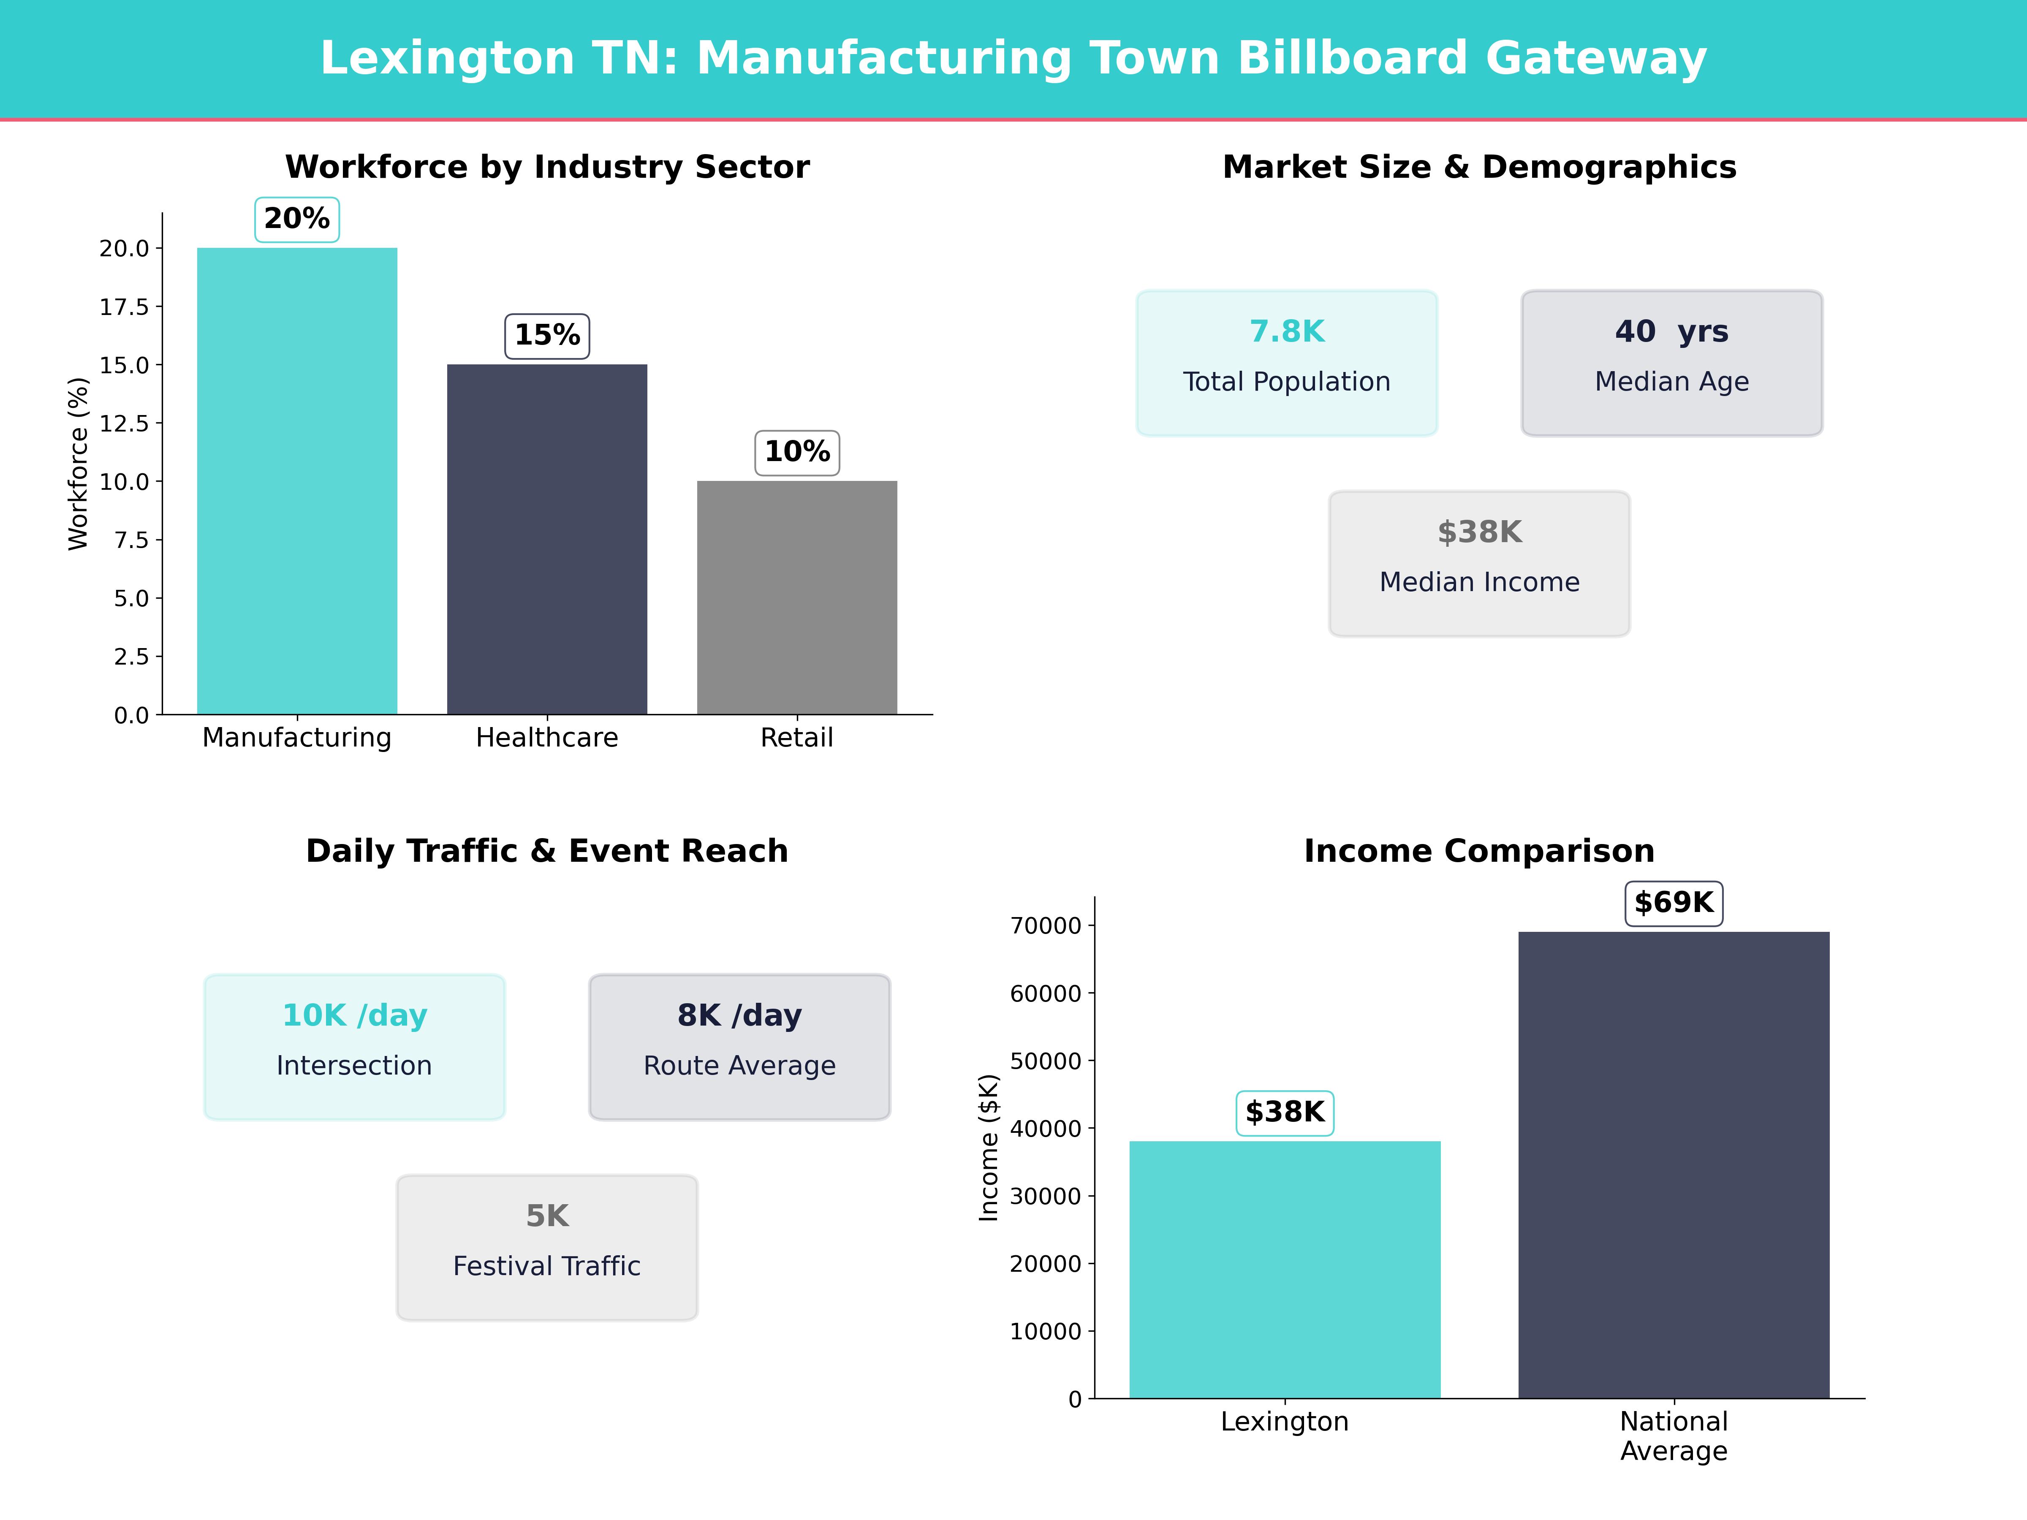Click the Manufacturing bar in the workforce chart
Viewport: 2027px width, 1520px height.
pyautogui.click(x=297, y=481)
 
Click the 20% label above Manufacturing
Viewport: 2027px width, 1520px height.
pyautogui.click(x=297, y=219)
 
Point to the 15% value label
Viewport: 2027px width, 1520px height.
pyautogui.click(x=547, y=335)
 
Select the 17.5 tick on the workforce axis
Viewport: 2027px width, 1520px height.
pyautogui.click(x=124, y=307)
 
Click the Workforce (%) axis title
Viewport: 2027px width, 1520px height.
pyautogui.click(x=79, y=464)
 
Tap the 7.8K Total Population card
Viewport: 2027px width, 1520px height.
pyautogui.click(x=1287, y=363)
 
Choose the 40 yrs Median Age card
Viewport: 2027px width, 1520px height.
pyautogui.click(x=1671, y=363)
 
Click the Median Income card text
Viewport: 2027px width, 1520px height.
pyautogui.click(x=1479, y=582)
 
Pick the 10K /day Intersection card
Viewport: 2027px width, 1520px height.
pyautogui.click(x=355, y=1046)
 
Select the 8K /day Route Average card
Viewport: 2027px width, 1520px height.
pyautogui.click(x=739, y=1046)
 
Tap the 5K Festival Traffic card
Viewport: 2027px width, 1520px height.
pyautogui.click(x=547, y=1247)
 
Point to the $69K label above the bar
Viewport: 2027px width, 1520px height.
pyautogui.click(x=1673, y=904)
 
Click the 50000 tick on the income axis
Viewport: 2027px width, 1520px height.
pyautogui.click(x=1046, y=1061)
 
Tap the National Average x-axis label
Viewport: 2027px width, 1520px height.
pyautogui.click(x=1673, y=1436)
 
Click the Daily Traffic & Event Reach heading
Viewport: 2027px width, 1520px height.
pyautogui.click(x=547, y=851)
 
